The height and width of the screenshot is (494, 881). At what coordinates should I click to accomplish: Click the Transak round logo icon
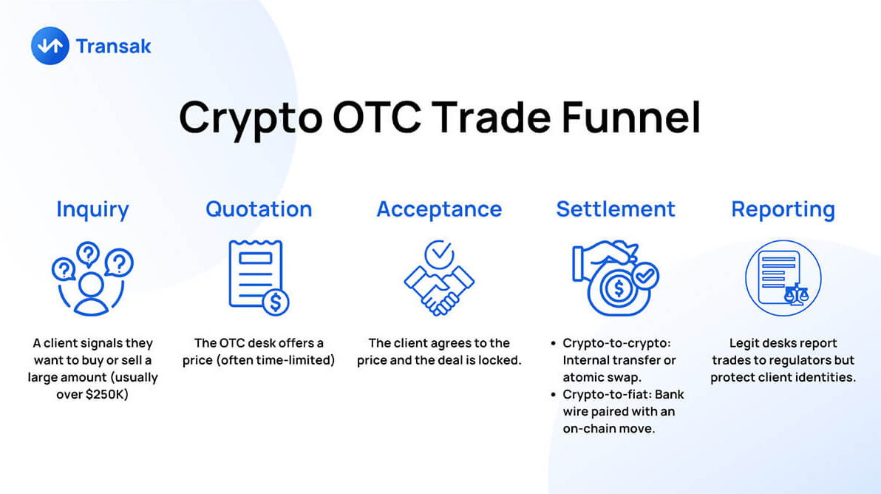tap(50, 46)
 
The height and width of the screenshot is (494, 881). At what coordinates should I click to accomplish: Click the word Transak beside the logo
tap(114, 46)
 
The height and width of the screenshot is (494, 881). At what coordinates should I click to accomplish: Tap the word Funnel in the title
tap(631, 117)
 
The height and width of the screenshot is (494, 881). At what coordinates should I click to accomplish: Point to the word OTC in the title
tap(377, 117)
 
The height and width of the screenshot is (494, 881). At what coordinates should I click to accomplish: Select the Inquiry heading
tap(92, 209)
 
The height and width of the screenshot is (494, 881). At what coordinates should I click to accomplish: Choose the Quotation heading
tap(259, 209)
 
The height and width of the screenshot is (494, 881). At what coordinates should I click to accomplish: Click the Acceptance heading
tap(439, 209)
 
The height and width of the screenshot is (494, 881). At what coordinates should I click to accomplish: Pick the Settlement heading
tap(616, 209)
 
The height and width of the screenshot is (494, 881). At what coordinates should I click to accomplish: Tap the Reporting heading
tap(783, 209)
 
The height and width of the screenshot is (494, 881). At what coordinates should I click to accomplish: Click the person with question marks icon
tap(92, 278)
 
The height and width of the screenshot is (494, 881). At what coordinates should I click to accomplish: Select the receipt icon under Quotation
tap(259, 277)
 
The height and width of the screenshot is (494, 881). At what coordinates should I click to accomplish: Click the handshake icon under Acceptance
tap(439, 290)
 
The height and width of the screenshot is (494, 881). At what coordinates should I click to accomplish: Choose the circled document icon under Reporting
tap(783, 278)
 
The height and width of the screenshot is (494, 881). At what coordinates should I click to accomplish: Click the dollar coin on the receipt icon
tap(276, 302)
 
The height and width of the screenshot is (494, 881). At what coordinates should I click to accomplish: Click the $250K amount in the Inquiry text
tap(106, 394)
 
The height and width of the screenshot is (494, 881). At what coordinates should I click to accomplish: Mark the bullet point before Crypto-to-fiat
tap(554, 395)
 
